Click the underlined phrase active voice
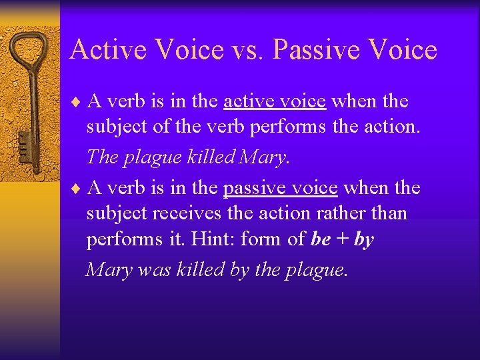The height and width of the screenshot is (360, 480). click(x=275, y=101)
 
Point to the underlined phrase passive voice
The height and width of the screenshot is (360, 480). click(x=280, y=188)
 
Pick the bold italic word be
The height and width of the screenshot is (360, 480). click(x=321, y=239)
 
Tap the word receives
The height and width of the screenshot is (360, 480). click(x=185, y=214)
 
